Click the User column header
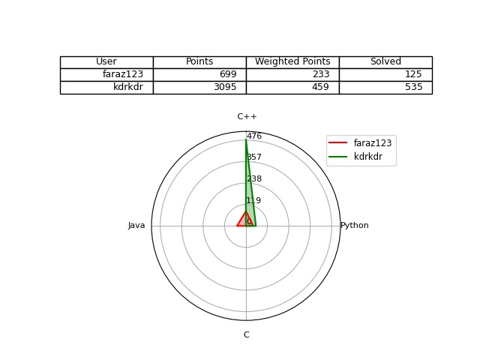pyautogui.click(x=106, y=61)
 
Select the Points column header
pyautogui.click(x=199, y=61)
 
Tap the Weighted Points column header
pyautogui.click(x=292, y=61)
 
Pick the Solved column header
pyautogui.click(x=385, y=61)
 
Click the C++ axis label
pyautogui.click(x=247, y=117)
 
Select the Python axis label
pyautogui.click(x=355, y=226)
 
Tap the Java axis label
pyautogui.click(x=136, y=226)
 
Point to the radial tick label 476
pyautogui.click(x=254, y=136)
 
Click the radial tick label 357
pyautogui.click(x=254, y=157)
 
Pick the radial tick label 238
pyautogui.click(x=254, y=178)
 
